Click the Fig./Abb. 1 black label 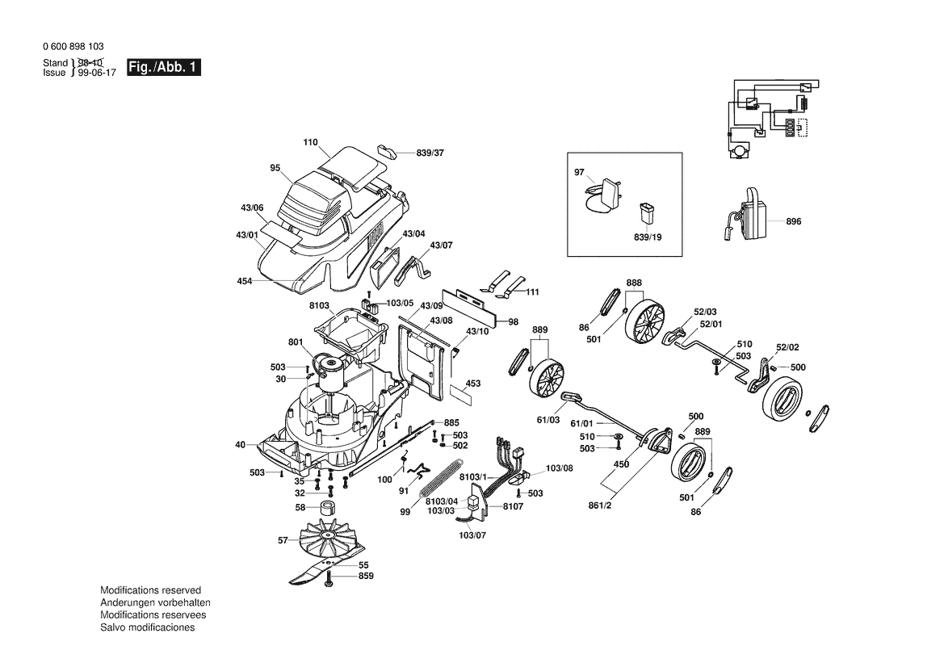coord(163,68)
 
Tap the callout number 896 coord(793,221)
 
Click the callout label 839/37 coord(430,153)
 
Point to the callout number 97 coord(578,173)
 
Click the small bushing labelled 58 coord(327,508)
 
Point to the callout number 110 coord(311,143)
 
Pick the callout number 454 coord(244,281)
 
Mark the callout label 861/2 coord(599,506)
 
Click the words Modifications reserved coord(150,591)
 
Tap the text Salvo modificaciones coord(147,628)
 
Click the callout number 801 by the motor coord(296,342)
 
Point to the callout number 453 coord(473,383)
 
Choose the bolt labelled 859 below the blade coord(329,581)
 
